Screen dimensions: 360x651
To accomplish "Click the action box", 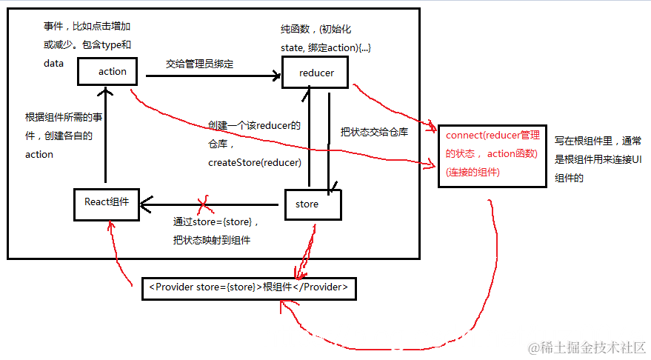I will pos(113,72).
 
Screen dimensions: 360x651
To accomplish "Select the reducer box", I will pos(316,73).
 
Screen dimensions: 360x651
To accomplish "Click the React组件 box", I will pos(107,204).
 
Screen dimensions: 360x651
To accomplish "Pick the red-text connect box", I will pos(493,155).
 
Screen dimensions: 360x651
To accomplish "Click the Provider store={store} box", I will pos(249,287).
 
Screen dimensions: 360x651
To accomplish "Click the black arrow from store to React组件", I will pos(215,203).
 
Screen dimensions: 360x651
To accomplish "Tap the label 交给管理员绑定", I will pos(200,64).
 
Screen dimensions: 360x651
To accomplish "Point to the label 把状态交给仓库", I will pos(374,133).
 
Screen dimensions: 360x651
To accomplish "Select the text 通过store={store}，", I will pos(216,221).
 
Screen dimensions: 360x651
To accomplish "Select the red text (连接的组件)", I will pos(473,172).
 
